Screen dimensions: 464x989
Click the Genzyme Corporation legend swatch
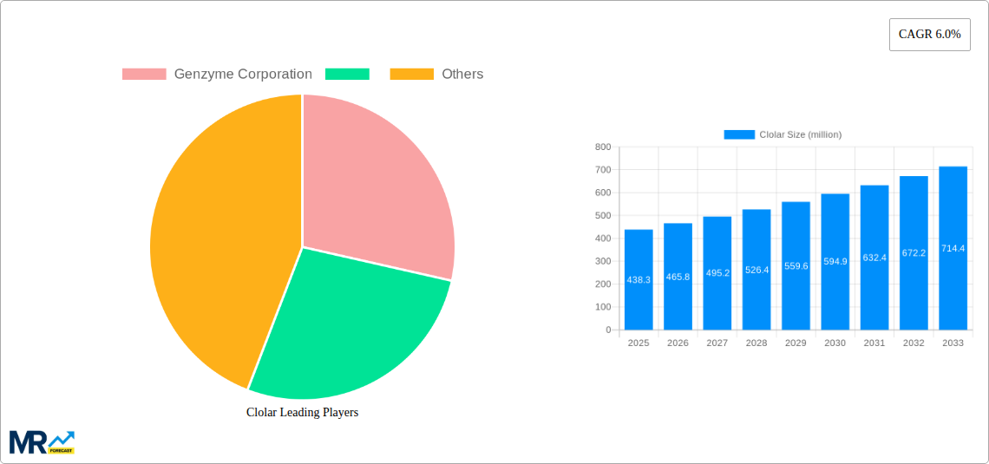[x=144, y=75]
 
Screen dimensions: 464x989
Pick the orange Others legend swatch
[x=411, y=75]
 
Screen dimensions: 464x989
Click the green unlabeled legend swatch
[x=347, y=75]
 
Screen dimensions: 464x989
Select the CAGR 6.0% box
[x=929, y=35]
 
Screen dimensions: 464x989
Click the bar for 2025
[x=639, y=279]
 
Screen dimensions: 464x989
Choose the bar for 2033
[x=953, y=248]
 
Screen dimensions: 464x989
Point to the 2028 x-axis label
[x=756, y=343]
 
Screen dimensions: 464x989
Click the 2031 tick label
[x=874, y=343]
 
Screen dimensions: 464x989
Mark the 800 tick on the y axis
[x=602, y=147]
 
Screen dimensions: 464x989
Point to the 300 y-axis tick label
[x=602, y=261]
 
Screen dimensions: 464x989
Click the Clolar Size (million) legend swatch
[x=739, y=134]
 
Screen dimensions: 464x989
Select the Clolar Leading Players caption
[x=302, y=413]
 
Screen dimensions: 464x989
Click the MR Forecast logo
[x=42, y=442]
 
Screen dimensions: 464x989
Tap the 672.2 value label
[x=914, y=253]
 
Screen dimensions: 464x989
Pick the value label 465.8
[x=678, y=277]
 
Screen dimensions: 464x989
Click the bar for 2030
[x=835, y=261]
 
